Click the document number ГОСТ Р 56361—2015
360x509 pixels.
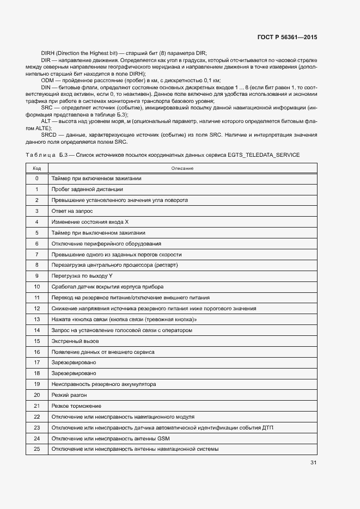287,38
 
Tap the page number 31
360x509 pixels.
313,463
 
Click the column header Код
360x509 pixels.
36,168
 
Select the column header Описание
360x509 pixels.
182,168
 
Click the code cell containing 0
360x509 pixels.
36,179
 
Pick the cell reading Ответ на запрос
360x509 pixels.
72,211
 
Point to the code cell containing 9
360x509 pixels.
36,276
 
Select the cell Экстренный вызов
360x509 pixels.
75,341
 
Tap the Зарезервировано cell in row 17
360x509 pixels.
74,363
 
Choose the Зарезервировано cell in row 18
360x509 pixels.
74,373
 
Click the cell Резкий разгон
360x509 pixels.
69,395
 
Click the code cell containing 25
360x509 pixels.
36,449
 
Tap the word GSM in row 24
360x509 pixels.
163,438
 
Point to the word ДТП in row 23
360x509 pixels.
267,428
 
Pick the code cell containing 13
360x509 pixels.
36,320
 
